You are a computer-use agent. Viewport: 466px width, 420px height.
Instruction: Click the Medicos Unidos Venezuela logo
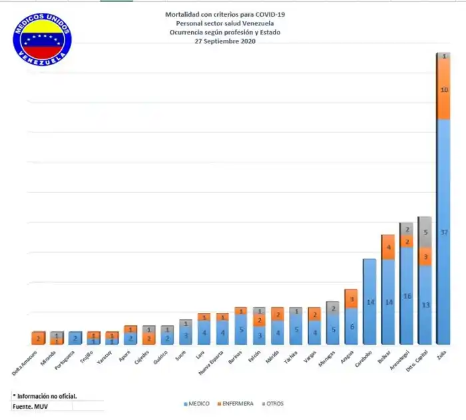point(42,38)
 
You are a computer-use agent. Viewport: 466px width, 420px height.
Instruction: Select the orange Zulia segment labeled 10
point(443,90)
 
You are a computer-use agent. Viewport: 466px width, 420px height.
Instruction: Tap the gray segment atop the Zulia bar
point(443,57)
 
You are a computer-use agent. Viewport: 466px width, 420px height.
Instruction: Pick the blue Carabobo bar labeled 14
point(369,302)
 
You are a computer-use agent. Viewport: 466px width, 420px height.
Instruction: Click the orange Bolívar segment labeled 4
point(388,247)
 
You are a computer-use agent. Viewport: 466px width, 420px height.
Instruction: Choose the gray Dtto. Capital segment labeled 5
point(425,232)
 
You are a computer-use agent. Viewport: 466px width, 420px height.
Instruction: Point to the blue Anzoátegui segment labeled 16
point(406,296)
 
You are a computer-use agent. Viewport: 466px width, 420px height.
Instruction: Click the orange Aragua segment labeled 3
point(350,299)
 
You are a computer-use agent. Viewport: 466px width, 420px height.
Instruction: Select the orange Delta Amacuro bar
point(38,338)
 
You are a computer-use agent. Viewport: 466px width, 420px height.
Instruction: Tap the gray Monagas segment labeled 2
point(332,308)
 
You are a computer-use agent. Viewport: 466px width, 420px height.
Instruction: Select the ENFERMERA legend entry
point(235,404)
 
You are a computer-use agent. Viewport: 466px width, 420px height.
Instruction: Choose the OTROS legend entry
point(274,404)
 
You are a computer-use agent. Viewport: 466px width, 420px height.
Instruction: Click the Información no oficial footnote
point(45,395)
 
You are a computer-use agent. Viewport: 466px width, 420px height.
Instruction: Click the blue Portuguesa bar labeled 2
point(75,338)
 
